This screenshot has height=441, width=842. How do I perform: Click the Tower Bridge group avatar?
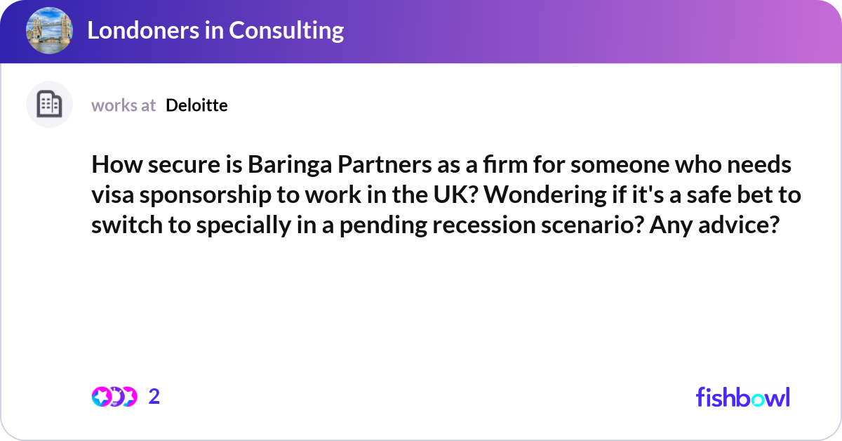[x=49, y=31]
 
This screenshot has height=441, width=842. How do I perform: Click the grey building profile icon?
[x=49, y=105]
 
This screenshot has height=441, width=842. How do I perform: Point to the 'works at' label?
[x=123, y=105]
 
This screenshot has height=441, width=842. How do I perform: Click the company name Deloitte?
[x=196, y=105]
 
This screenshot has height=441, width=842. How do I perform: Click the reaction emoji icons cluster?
[x=114, y=397]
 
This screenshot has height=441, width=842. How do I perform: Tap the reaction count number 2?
[x=154, y=397]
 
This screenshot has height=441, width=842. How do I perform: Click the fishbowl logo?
[x=742, y=397]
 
